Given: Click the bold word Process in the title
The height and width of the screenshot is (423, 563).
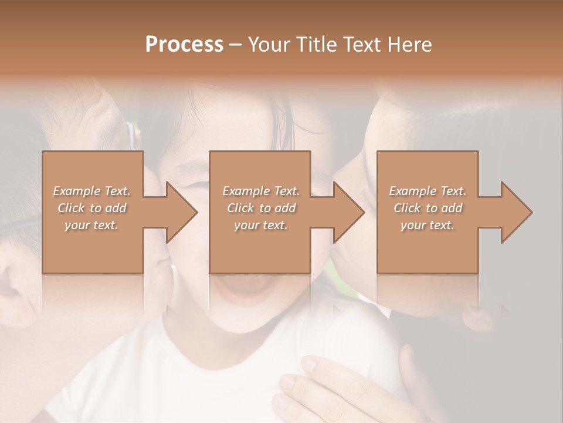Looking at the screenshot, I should coord(184,45).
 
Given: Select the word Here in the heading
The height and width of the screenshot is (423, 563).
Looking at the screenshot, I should coord(409,45).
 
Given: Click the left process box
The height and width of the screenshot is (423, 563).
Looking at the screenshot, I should coord(92,247).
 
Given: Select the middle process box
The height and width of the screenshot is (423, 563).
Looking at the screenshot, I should coord(260,247).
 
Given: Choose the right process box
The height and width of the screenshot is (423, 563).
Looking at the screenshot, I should coord(427,247).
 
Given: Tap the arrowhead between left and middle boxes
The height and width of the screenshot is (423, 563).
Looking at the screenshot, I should coord(181,212).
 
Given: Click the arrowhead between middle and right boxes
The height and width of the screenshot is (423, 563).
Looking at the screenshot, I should coord(348,212).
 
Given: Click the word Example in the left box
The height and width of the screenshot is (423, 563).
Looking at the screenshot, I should coord(76,191).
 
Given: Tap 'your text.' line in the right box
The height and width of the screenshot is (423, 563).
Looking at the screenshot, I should coord(428,225).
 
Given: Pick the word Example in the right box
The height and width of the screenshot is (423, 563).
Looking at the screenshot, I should coord(412,191).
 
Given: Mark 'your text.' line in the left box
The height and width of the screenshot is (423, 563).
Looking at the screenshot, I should coord(92,225).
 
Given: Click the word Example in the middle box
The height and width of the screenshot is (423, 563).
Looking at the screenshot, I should coord(245,191).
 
